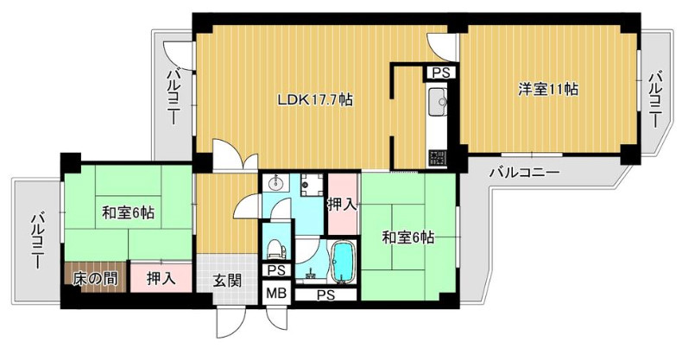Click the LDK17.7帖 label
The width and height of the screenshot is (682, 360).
click(314, 99)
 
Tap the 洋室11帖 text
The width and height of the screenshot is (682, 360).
click(548, 89)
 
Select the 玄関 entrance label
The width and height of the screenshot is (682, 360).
click(227, 280)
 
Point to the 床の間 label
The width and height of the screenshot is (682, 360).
click(94, 279)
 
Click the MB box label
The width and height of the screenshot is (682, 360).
click(276, 293)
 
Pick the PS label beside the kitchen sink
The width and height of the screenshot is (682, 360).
click(440, 73)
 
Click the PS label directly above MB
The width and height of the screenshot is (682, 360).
click(276, 270)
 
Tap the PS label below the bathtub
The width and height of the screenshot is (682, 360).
click(325, 294)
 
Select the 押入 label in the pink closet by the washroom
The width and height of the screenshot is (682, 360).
click(342, 204)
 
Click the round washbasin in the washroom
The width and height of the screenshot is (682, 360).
click(276, 183)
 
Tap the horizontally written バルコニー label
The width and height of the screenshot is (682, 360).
click(524, 173)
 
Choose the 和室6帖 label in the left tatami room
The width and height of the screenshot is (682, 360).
click(129, 212)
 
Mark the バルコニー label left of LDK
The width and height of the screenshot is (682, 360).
click(173, 97)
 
